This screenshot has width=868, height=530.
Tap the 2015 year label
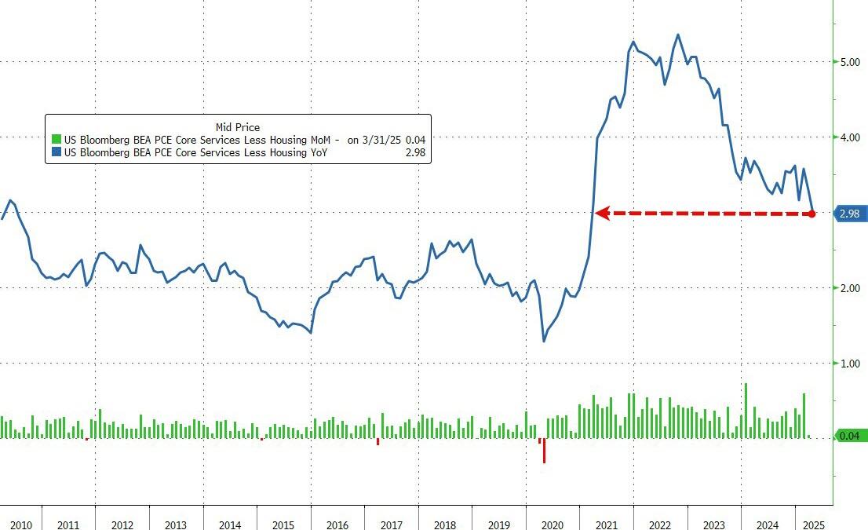tap(283, 524)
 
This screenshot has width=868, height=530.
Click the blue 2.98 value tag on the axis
tap(850, 213)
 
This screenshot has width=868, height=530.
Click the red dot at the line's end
tap(811, 213)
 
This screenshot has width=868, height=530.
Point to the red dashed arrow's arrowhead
tap(600, 212)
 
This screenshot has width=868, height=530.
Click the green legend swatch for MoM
tap(57, 140)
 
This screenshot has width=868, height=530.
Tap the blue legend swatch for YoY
tap(57, 152)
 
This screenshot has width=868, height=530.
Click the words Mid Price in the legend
tap(237, 126)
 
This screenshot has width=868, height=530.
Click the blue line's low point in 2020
tap(544, 341)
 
